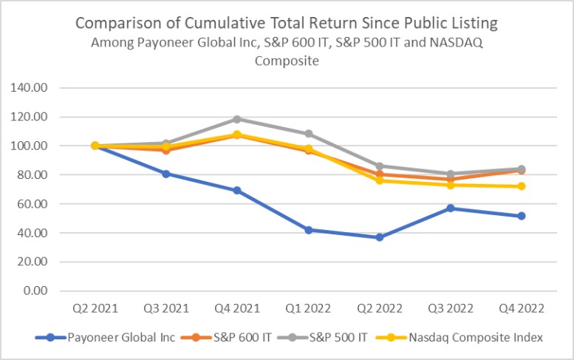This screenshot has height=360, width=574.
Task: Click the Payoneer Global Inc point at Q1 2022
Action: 308,230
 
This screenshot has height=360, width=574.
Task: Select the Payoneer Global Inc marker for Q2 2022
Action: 380,237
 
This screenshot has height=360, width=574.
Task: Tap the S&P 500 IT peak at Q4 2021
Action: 237,119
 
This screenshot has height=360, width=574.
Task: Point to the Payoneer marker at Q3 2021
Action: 166,174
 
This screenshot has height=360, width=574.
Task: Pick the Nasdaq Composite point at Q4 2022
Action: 522,186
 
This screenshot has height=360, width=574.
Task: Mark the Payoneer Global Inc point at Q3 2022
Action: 451,208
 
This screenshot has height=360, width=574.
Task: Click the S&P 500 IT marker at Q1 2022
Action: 308,134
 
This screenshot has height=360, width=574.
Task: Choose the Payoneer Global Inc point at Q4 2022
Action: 522,216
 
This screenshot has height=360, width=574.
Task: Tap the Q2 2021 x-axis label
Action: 95,307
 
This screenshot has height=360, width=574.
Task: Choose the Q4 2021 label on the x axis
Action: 237,307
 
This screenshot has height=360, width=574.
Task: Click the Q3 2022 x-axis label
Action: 451,307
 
